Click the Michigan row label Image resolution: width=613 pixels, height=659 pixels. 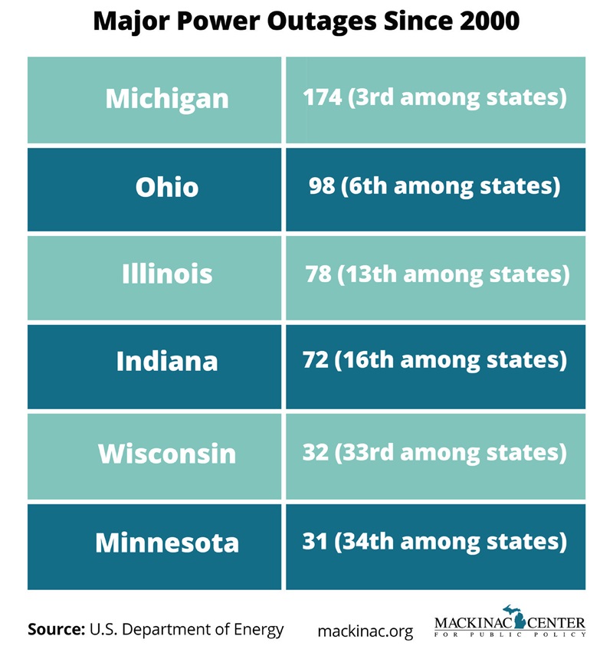[166, 99]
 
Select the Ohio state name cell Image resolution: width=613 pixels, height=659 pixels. [166, 187]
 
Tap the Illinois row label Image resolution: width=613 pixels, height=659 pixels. [166, 274]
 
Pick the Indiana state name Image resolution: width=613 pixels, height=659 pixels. [166, 361]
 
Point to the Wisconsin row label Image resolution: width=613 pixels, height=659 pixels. [166, 454]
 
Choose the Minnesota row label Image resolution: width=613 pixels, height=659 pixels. [166, 543]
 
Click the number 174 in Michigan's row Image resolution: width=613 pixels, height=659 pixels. [322, 98]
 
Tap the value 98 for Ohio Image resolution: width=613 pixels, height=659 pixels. [322, 186]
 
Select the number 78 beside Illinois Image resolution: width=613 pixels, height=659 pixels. [318, 274]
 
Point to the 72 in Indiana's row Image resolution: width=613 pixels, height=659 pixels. [315, 360]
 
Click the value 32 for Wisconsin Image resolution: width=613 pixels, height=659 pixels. [315, 453]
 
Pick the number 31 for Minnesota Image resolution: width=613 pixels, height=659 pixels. [315, 542]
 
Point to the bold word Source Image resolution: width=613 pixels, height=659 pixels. [55, 630]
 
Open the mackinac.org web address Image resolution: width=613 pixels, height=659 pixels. [365, 631]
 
